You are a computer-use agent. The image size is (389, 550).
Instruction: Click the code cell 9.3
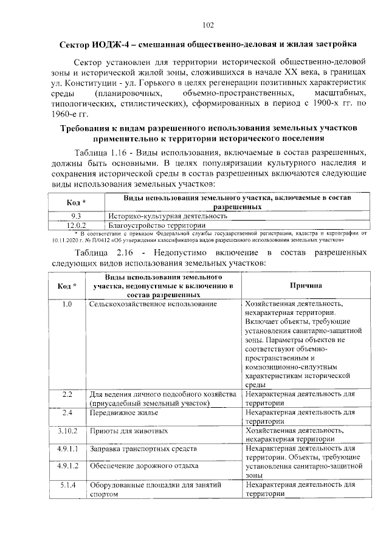pos(76,215)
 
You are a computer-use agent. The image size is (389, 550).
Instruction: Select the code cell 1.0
pos(67,303)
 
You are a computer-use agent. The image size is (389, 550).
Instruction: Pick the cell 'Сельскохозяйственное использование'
pos(153,303)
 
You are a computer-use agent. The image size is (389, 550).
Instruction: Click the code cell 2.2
pos(67,395)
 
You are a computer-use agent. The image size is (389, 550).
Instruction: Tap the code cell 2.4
pos(67,413)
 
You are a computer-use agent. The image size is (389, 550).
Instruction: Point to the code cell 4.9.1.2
pos(67,466)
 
